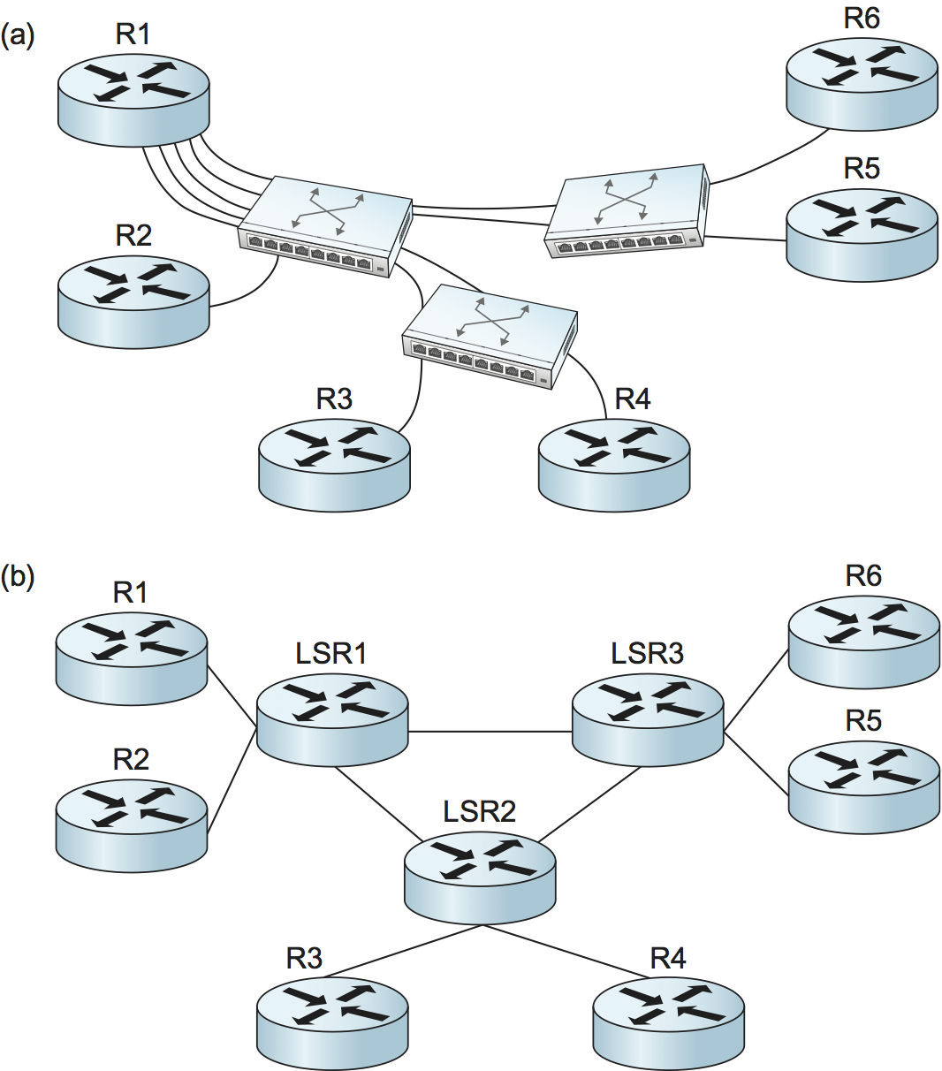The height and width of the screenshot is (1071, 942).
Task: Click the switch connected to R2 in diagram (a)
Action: pos(325,225)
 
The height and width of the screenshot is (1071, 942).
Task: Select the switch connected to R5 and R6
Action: pos(627,211)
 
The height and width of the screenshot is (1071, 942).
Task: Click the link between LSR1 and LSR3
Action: pos(490,732)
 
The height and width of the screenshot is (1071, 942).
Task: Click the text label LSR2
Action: pos(479,811)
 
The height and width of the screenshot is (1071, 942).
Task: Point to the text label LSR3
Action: pos(647,654)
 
